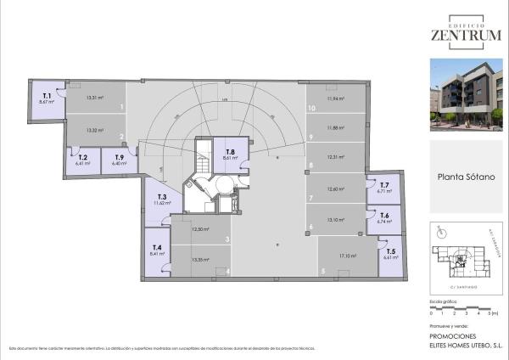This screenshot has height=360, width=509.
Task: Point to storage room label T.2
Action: pyautogui.click(x=82, y=157)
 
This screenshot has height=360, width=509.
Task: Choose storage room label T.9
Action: pyautogui.click(x=120, y=157)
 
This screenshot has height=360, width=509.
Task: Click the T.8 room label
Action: pyautogui.click(x=229, y=152)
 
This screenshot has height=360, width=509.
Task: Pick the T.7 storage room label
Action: pyautogui.click(x=384, y=184)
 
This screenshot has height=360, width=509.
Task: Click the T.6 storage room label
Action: pyautogui.click(x=384, y=216)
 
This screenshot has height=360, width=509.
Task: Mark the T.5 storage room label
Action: pyautogui.click(x=389, y=251)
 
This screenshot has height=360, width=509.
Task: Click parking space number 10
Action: pyautogui.click(x=312, y=109)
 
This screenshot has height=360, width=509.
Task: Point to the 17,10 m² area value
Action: pyautogui.click(x=347, y=255)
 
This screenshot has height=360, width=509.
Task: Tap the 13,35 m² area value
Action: pyautogui.click(x=200, y=259)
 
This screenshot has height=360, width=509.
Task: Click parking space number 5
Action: pyautogui.click(x=322, y=272)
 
